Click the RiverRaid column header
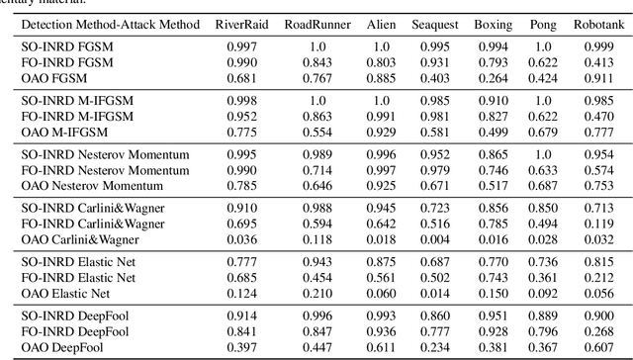pyautogui.click(x=237, y=23)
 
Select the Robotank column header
pyautogui.click(x=597, y=23)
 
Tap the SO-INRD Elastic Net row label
pyautogui.click(x=79, y=260)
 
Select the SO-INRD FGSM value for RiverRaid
pyautogui.click(x=237, y=45)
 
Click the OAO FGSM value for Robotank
pyautogui.click(x=597, y=77)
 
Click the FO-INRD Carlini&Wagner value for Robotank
pyautogui.click(x=597, y=223)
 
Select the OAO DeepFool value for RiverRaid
pyautogui.click(x=237, y=344)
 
